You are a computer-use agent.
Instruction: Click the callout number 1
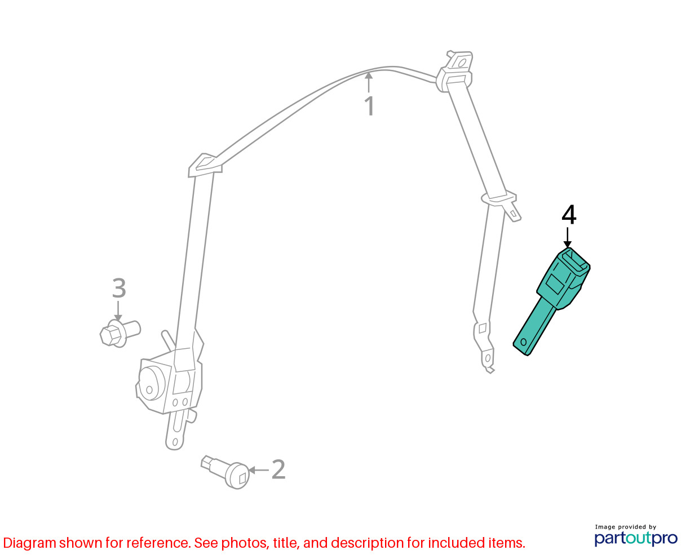pos(369,106)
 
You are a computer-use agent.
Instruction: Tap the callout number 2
pos(278,469)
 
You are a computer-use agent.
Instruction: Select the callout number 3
pos(119,288)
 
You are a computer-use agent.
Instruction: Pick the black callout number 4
pos(569,214)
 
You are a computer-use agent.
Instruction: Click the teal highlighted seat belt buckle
pos(551,301)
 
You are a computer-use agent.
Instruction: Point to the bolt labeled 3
pos(120,333)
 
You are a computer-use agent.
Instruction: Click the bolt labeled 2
pos(225,472)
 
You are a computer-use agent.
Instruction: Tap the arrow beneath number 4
pos(567,238)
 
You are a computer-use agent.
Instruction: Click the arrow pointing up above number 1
pos(369,82)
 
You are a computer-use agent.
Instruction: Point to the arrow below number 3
pos(118,311)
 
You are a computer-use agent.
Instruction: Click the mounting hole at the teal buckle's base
pos(524,342)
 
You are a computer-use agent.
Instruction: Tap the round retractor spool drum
pos(152,384)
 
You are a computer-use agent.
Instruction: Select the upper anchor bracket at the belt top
pos(454,71)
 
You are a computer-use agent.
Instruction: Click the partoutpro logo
pos(636,539)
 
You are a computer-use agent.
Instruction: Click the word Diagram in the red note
pos(29,543)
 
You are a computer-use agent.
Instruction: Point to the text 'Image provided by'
pos(626,527)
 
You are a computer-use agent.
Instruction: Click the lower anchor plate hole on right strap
pos(488,358)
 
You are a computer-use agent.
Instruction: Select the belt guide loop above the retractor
pos(205,165)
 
